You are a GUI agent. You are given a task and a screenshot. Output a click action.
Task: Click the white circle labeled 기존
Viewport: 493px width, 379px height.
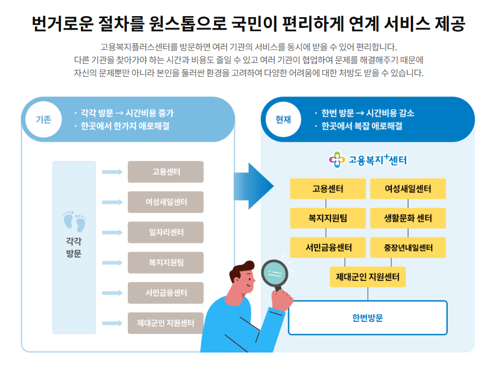(43, 119)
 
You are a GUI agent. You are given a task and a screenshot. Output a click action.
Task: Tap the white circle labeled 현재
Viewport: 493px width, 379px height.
(284, 119)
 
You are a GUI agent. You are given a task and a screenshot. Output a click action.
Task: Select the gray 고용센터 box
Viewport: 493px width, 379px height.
(166, 172)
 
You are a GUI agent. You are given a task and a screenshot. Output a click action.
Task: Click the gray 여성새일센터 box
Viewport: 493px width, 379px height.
(166, 202)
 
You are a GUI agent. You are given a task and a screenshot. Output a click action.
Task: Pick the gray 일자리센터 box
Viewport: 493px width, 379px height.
(166, 232)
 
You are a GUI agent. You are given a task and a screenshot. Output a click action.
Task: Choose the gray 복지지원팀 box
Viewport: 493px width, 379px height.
(166, 263)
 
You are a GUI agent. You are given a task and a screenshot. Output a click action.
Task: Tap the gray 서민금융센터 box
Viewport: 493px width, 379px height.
(166, 293)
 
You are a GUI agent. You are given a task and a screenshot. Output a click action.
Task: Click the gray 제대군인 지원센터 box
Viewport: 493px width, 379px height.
(166, 323)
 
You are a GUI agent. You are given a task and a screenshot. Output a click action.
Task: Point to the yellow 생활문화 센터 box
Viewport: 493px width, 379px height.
(408, 218)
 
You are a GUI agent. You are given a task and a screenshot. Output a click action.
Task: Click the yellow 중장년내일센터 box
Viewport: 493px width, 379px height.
(408, 248)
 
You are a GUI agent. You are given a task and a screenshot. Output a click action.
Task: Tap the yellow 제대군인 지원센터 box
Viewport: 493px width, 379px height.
(368, 277)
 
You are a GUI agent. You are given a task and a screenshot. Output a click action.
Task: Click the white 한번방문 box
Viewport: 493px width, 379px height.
(368, 318)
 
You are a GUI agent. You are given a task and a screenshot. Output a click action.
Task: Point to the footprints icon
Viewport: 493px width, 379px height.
(74, 221)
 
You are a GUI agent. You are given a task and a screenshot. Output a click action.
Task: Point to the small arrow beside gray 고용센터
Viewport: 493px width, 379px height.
(112, 172)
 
